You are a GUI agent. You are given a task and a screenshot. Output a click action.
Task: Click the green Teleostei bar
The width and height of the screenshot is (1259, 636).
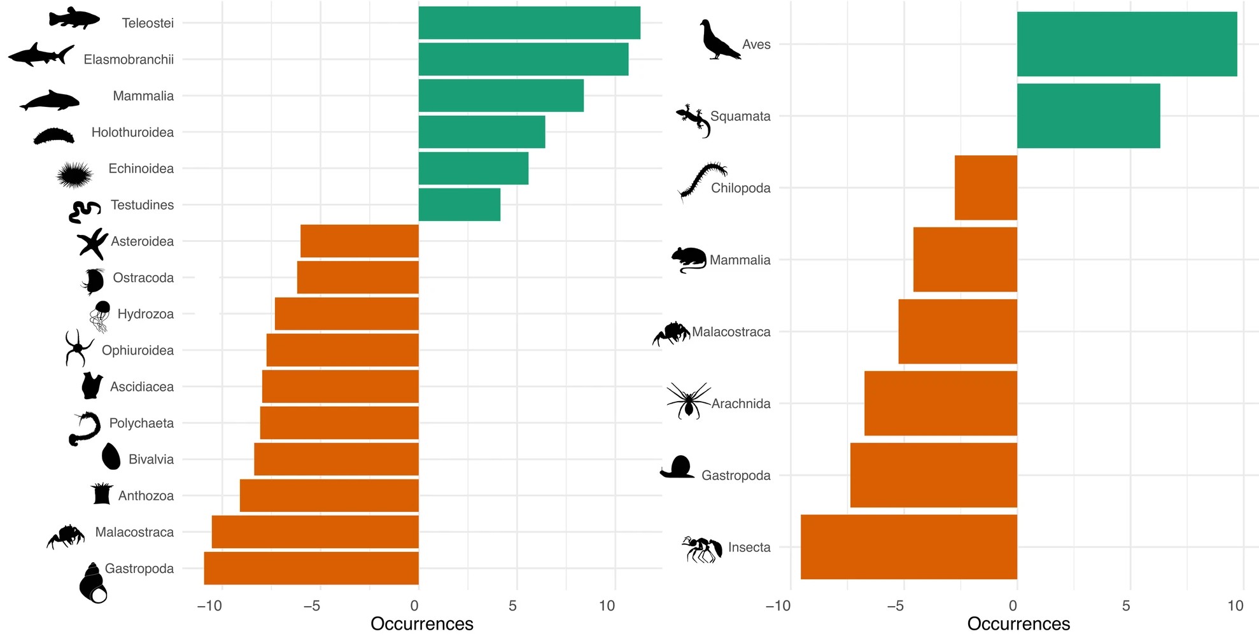coord(529,23)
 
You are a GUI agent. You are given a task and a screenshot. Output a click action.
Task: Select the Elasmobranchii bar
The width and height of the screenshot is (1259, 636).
coord(523,59)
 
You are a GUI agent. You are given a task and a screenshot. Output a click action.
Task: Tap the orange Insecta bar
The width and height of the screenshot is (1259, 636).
coord(908,547)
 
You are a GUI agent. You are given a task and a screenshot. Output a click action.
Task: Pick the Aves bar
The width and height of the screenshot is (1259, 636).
coord(1127,44)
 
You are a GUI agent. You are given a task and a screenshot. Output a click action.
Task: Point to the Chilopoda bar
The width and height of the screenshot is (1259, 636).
coord(985,188)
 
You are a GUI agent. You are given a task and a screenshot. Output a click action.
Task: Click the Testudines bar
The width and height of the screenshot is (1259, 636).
coord(459,205)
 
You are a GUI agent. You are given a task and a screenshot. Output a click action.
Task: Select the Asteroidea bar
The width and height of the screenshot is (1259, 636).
coord(359,241)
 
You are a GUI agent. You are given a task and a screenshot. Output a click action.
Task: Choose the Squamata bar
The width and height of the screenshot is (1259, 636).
coord(1088,116)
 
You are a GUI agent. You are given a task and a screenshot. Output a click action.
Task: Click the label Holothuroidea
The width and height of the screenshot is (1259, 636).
coord(132,132)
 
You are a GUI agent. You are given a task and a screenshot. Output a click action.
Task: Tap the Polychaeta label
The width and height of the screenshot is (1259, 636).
coord(141,423)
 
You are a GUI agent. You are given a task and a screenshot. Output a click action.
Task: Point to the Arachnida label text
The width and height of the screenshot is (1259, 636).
coord(741,404)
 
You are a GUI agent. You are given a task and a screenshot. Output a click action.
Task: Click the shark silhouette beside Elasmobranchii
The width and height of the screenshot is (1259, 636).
coord(41,55)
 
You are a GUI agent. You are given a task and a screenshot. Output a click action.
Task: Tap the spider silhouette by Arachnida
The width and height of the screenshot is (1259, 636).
coord(687,401)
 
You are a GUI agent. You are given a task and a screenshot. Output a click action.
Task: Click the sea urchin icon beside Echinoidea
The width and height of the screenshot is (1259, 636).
coord(74,174)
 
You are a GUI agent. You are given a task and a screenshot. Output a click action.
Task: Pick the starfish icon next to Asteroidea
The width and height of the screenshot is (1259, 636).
coord(92,243)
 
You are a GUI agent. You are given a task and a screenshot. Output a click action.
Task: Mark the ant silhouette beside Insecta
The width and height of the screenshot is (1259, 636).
coord(702,549)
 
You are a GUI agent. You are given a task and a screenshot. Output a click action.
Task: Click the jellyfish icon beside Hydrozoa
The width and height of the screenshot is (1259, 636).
coord(100,316)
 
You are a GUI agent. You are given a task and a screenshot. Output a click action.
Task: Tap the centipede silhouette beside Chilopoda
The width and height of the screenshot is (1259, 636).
coord(702,180)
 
